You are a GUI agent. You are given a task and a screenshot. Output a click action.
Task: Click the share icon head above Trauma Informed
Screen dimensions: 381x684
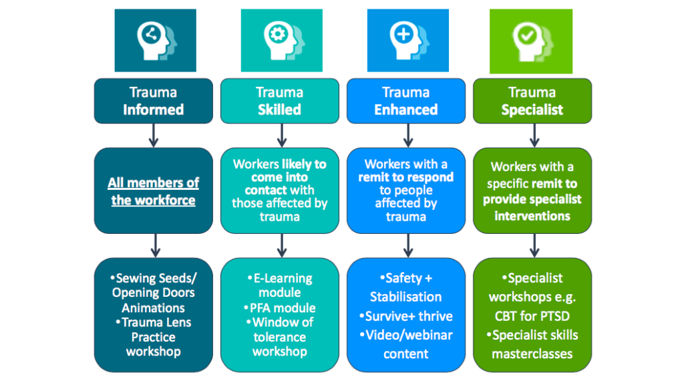click(155, 40)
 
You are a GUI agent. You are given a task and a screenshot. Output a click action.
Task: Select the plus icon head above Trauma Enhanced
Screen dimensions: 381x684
click(407, 40)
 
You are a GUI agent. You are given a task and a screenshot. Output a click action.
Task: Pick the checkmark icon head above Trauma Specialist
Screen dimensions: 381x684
click(532, 40)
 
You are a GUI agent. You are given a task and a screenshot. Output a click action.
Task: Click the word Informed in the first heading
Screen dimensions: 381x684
click(153, 110)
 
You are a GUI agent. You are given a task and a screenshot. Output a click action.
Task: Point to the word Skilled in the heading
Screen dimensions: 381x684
click(279, 110)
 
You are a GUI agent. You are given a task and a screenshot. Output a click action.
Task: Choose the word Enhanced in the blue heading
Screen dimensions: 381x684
click(406, 110)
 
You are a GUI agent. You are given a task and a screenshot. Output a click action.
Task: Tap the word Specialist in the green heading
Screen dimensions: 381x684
click(532, 110)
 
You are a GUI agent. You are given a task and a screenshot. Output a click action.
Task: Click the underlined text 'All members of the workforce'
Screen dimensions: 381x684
click(154, 191)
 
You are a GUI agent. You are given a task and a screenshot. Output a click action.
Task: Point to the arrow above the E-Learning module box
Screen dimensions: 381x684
click(281, 245)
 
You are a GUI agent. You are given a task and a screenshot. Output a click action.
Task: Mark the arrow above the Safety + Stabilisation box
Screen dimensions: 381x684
click(407, 245)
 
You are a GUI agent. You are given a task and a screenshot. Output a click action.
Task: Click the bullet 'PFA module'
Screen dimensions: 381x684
click(282, 308)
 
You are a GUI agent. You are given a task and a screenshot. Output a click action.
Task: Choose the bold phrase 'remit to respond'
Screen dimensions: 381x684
click(406, 177)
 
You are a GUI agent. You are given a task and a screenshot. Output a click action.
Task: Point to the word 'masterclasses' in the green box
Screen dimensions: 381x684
click(532, 354)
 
